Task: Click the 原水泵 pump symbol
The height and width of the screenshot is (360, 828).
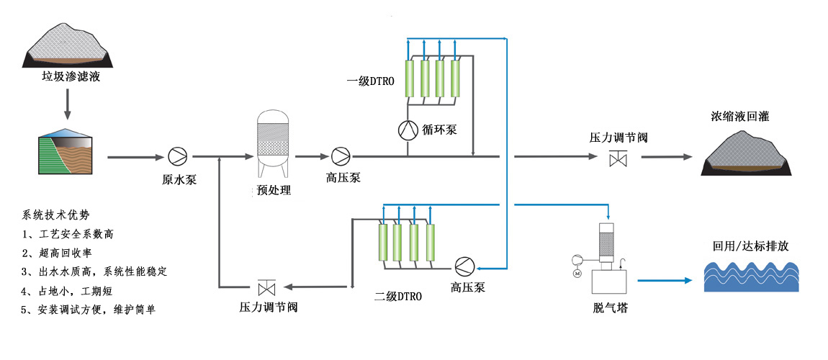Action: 176,156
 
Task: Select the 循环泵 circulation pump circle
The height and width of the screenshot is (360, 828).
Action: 408,130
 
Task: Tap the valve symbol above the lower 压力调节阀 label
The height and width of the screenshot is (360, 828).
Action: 268,287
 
